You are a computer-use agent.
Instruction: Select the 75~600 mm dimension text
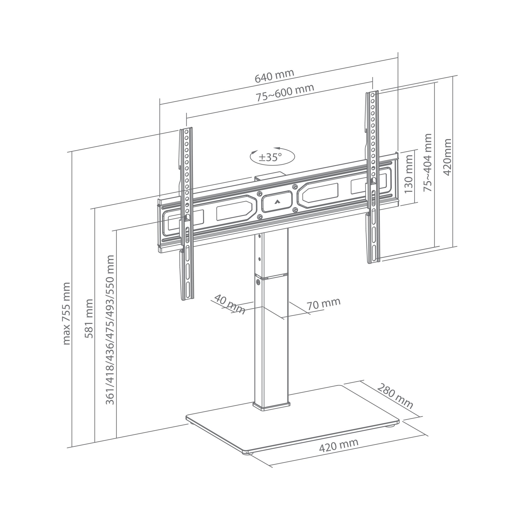tap(285, 93)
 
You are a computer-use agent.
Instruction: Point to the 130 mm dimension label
tap(408, 174)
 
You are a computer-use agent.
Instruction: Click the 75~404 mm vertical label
tap(428, 162)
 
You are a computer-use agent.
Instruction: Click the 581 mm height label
tap(89, 318)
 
